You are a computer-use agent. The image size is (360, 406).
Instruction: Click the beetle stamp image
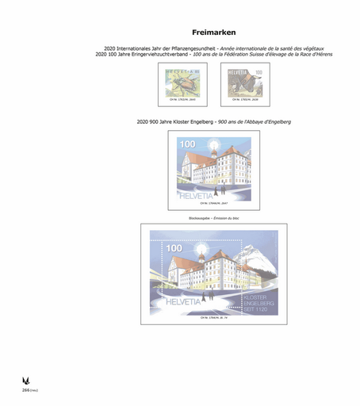pyautogui.click(x=179, y=81)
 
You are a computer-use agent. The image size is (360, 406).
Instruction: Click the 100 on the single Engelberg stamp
pyautogui.click(x=186, y=144)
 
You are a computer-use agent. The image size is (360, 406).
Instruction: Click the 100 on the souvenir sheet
pyautogui.click(x=174, y=248)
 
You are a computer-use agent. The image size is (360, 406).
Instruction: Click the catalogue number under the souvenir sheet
pyautogui.click(x=210, y=318)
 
